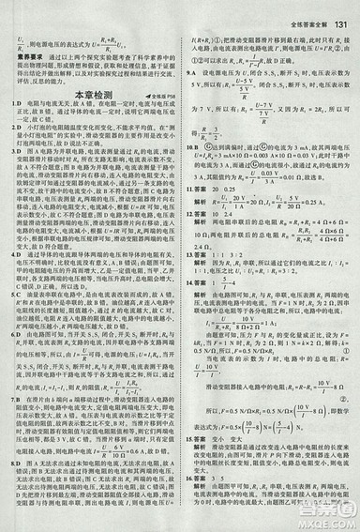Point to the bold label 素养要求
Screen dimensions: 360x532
20,58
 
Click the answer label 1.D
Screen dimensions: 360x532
8,105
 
